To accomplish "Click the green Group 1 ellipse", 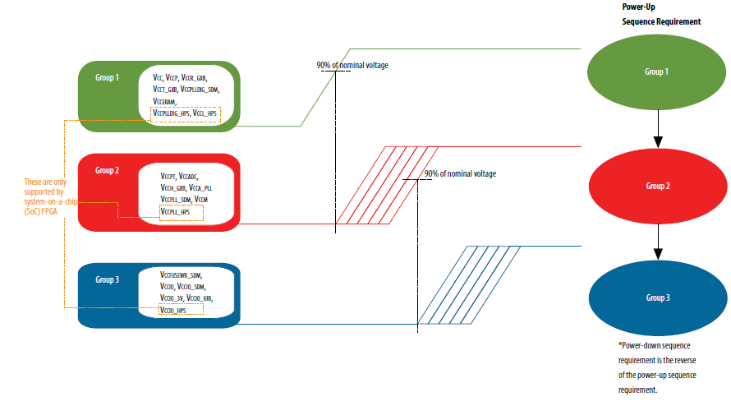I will [x=655, y=72].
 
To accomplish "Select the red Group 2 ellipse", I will [x=655, y=186].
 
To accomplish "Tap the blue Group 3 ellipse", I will [x=655, y=297].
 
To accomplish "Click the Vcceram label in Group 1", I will [x=166, y=101].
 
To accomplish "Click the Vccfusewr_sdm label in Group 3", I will [x=182, y=274].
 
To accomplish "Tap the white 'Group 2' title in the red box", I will [x=108, y=170].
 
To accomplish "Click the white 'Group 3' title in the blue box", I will [x=108, y=280].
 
